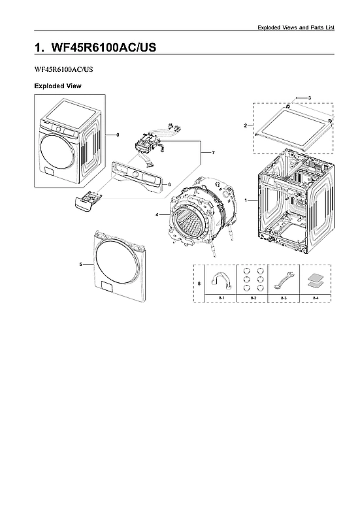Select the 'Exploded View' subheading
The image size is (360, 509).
(x=57, y=86)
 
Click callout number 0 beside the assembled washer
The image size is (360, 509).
(x=118, y=135)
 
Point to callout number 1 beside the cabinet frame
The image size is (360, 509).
(x=246, y=199)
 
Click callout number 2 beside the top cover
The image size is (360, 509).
(x=245, y=125)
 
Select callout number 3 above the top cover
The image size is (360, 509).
(x=309, y=97)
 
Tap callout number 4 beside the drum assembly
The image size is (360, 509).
(x=157, y=214)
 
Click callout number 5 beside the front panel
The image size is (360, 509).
(x=80, y=265)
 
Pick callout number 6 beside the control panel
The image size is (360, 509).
(x=169, y=184)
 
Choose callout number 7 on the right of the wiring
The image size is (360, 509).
(x=212, y=152)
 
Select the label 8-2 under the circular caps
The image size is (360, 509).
(x=253, y=298)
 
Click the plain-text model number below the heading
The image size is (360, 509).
(x=63, y=69)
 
